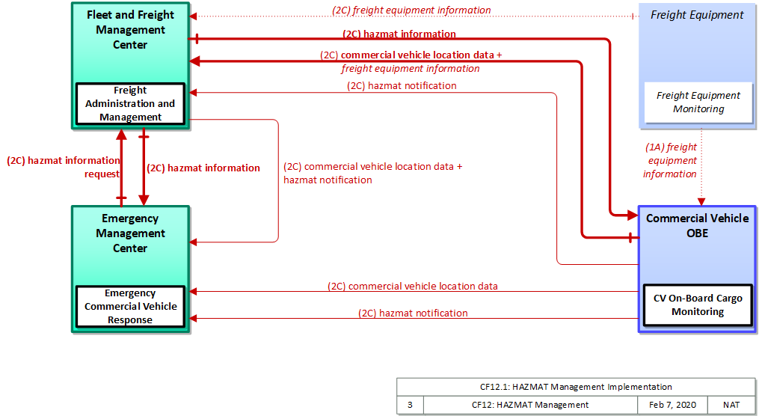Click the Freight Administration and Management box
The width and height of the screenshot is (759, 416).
[130, 104]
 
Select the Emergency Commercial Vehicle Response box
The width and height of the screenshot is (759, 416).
[130, 307]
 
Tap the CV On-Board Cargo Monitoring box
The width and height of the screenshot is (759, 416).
[698, 305]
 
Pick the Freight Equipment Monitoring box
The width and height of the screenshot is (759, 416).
[698, 103]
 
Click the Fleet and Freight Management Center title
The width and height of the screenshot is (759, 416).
[130, 29]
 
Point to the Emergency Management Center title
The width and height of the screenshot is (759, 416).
[130, 233]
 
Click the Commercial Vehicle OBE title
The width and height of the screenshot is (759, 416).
[698, 225]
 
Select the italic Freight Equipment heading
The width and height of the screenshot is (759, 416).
[697, 15]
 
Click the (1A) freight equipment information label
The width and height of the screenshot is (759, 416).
[671, 160]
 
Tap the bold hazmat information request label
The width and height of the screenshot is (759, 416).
[64, 167]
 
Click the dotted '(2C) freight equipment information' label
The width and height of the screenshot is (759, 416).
[411, 10]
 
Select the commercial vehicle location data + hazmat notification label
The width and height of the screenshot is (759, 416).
[372, 173]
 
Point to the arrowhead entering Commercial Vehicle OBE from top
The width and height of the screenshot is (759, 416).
[701, 201]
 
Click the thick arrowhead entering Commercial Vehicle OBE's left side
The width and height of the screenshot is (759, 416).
[633, 215]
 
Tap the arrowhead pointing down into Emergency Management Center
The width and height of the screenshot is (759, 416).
[144, 200]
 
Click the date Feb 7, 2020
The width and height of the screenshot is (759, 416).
[672, 405]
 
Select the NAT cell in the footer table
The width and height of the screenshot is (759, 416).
[731, 405]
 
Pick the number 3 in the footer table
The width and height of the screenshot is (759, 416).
[410, 405]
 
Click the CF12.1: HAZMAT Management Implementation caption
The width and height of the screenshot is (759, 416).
[576, 387]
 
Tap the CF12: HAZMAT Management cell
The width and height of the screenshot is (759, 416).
[530, 405]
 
